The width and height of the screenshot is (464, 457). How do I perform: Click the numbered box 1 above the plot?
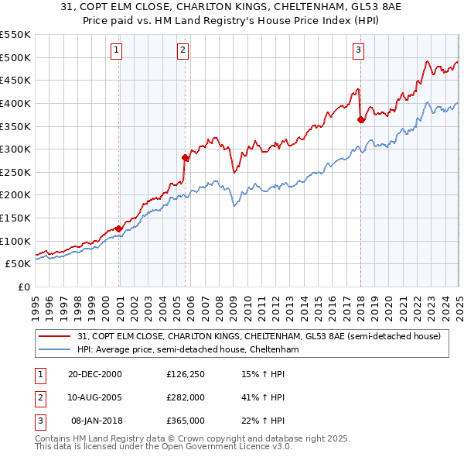pyautogui.click(x=116, y=51)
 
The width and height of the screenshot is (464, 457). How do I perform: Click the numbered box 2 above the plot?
pyautogui.click(x=183, y=51)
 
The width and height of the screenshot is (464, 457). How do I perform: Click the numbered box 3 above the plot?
pyautogui.click(x=359, y=51)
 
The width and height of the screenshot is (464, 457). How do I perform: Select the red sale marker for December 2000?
pyautogui.click(x=118, y=228)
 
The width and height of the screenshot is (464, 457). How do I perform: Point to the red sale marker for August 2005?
pyautogui.click(x=185, y=157)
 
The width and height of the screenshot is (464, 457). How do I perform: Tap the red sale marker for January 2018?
pyautogui.click(x=360, y=119)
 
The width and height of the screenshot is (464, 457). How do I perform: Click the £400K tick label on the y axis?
pyautogui.click(x=16, y=103)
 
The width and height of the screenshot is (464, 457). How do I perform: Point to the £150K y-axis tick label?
pyautogui.click(x=16, y=218)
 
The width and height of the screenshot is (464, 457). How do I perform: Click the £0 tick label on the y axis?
pyautogui.click(x=24, y=287)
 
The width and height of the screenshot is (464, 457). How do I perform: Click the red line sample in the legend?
pyautogui.click(x=53, y=336)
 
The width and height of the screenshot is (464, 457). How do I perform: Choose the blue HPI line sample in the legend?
pyautogui.click(x=53, y=350)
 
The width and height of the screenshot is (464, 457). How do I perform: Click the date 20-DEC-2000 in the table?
pyautogui.click(x=94, y=375)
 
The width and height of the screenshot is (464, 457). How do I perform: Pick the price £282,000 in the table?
pyautogui.click(x=186, y=398)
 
